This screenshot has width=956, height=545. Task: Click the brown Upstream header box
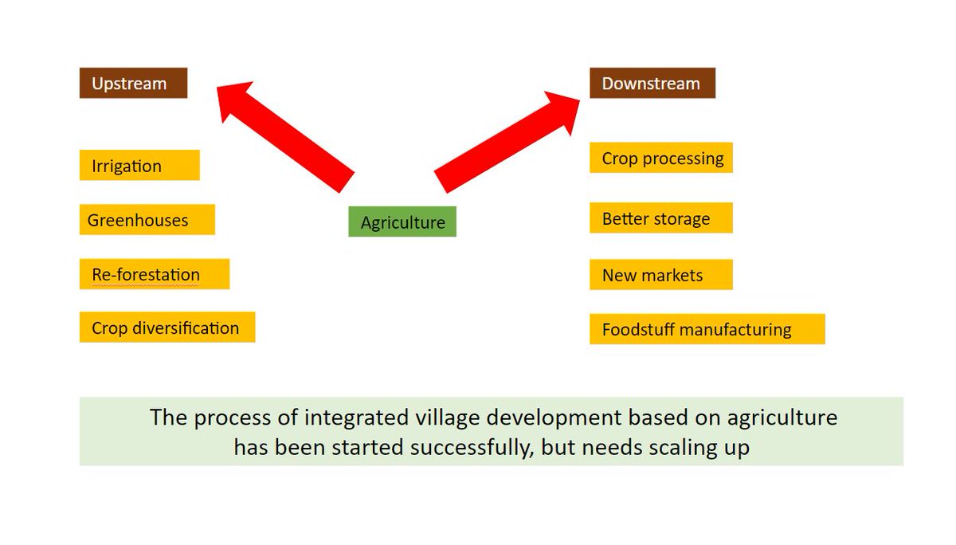point(133,83)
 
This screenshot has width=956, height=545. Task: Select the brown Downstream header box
point(652,83)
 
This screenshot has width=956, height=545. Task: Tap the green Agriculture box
point(402,222)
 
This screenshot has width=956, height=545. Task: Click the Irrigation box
point(139,166)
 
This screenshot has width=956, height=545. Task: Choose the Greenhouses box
point(147,220)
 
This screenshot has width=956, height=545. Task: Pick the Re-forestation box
point(154,274)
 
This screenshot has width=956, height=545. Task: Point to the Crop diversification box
point(167,327)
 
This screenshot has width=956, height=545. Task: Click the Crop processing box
point(660,158)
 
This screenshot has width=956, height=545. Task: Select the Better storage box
point(660,218)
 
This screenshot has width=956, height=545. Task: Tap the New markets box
point(660,275)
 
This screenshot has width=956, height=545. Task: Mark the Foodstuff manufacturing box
point(707,329)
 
